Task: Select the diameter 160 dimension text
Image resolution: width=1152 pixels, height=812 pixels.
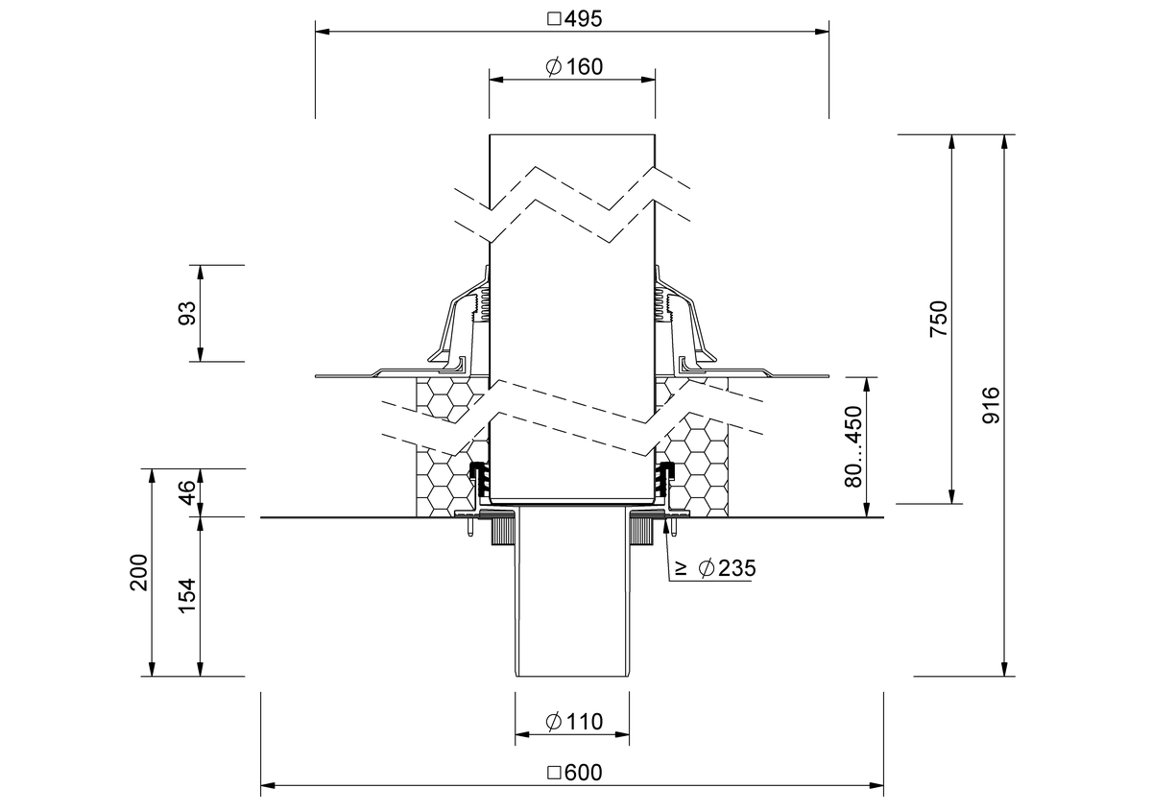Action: (574, 67)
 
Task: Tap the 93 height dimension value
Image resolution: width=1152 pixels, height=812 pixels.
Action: (187, 313)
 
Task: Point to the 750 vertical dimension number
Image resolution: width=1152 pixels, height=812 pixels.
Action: (939, 319)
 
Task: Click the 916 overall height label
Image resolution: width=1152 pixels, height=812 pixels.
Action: (991, 406)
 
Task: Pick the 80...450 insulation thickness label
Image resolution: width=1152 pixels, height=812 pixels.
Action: (853, 446)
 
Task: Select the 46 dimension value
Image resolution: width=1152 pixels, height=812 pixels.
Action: (187, 492)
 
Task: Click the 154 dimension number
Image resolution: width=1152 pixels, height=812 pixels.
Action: (187, 595)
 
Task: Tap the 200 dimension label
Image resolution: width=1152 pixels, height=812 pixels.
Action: (139, 572)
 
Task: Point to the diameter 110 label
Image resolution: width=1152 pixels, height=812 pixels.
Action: (574, 722)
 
